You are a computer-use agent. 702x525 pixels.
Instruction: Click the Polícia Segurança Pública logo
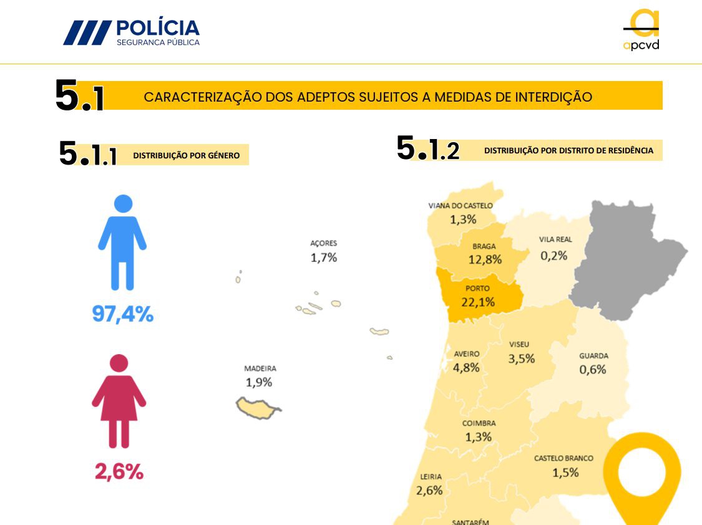pos(132,32)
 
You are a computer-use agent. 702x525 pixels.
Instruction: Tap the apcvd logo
pos(641,30)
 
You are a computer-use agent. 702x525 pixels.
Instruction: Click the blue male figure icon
pos(122,242)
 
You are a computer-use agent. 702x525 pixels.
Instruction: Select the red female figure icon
pos(119,400)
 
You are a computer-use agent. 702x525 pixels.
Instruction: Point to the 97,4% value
pos(122,314)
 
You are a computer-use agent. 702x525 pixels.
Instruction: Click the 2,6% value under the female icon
pos(119,472)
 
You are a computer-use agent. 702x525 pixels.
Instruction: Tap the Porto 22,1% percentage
pos(478,302)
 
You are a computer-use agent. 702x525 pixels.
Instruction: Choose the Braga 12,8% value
pos(485,259)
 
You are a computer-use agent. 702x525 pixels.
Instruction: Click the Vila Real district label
pos(555,239)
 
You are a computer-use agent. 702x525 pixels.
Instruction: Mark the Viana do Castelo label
pos(461,206)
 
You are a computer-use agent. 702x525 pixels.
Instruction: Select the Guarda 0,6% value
pos(593,369)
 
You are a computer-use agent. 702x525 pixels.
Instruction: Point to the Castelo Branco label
pos(563,458)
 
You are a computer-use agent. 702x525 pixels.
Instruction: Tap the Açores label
pos(323,243)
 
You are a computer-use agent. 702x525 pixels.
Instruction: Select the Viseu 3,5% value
pos(521,359)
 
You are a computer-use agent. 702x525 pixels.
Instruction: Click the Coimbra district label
pos(479,423)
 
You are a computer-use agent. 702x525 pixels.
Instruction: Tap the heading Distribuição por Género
pos(186,155)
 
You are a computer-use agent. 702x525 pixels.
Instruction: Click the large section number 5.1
pos(79,97)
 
